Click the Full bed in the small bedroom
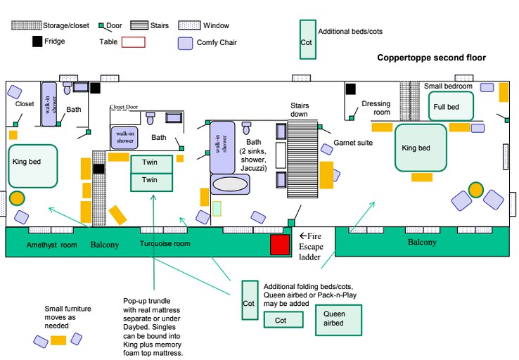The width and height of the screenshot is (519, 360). pyautogui.click(x=451, y=106)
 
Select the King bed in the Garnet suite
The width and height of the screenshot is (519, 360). pyautogui.click(x=421, y=148)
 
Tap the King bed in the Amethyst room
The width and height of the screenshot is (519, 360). pyautogui.click(x=32, y=166)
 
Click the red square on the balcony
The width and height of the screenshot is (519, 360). pyautogui.click(x=280, y=245)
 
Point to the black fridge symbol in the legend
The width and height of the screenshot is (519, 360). pyautogui.click(x=37, y=42)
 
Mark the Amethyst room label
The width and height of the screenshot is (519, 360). pyautogui.click(x=51, y=245)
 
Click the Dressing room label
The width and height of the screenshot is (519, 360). pyautogui.click(x=376, y=108)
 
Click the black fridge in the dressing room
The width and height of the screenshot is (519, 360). pyautogui.click(x=350, y=89)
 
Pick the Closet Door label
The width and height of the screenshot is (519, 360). pyautogui.click(x=124, y=108)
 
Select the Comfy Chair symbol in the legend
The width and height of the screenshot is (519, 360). pyautogui.click(x=184, y=43)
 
